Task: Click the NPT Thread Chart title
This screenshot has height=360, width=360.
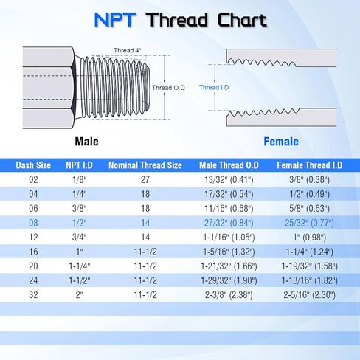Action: [180, 20]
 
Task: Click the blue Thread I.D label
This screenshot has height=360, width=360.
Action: [215, 87]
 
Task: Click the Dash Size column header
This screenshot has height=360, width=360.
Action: [32, 165]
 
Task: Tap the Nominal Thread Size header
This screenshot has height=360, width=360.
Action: [145, 165]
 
